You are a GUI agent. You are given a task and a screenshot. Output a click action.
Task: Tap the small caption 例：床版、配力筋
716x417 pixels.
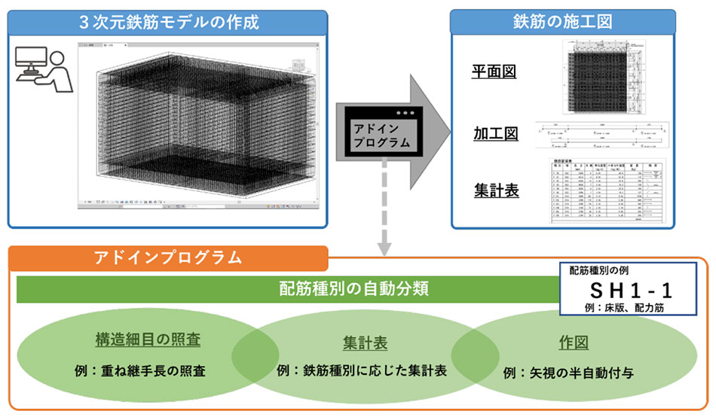click(629, 308)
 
